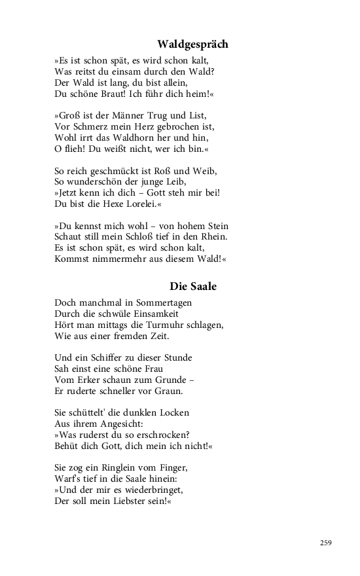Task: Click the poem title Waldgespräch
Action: pyautogui.click(x=193, y=45)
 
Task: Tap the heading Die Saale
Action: pyautogui.click(x=193, y=286)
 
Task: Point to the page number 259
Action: pyautogui.click(x=326, y=542)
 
